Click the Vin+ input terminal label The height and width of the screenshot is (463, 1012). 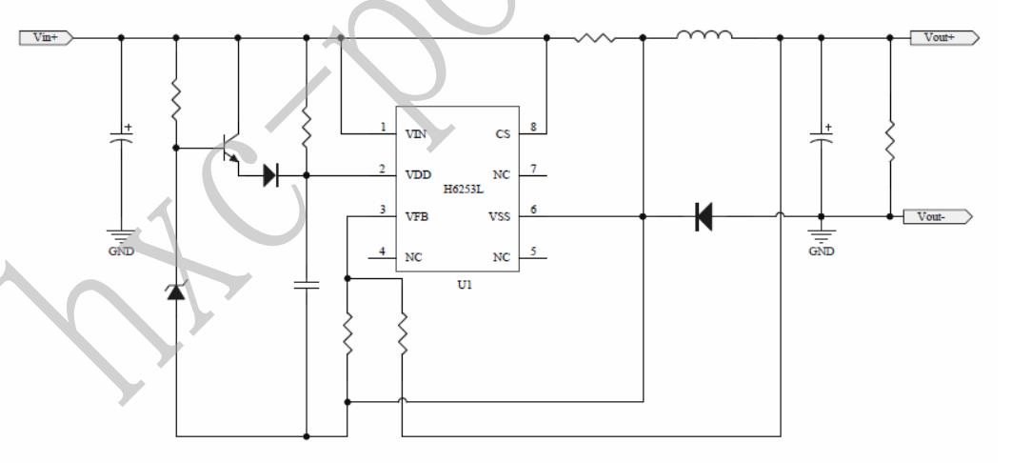click(x=46, y=38)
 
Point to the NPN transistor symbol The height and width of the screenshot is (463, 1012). click(x=229, y=148)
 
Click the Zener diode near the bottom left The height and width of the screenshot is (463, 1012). click(x=177, y=291)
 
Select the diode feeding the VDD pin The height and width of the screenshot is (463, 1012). click(x=270, y=175)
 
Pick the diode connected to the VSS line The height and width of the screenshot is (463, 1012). click(x=704, y=217)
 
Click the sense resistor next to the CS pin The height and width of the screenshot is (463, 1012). click(x=594, y=38)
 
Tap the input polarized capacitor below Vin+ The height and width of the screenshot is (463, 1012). click(x=121, y=138)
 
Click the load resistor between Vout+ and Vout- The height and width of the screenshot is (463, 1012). click(x=890, y=141)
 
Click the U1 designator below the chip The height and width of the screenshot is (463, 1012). click(x=464, y=285)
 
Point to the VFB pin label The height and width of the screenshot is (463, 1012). click(x=416, y=216)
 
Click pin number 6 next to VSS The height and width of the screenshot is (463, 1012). click(x=533, y=211)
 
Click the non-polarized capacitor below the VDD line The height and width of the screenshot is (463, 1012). click(x=306, y=284)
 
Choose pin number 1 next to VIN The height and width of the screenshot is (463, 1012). click(x=383, y=128)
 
